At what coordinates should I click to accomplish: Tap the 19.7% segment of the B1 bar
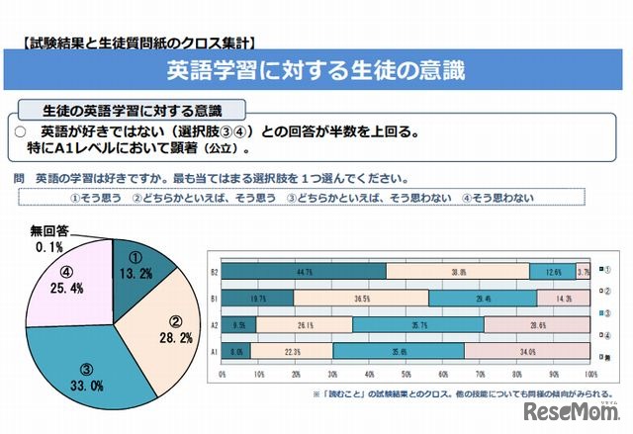point(258,298)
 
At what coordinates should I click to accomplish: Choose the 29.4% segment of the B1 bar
point(483,298)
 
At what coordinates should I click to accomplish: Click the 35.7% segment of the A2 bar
point(418,323)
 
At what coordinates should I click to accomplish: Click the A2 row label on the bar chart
point(213,323)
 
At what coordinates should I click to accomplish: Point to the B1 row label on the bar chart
point(213,298)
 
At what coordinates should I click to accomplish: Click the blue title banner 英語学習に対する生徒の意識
point(316,71)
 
